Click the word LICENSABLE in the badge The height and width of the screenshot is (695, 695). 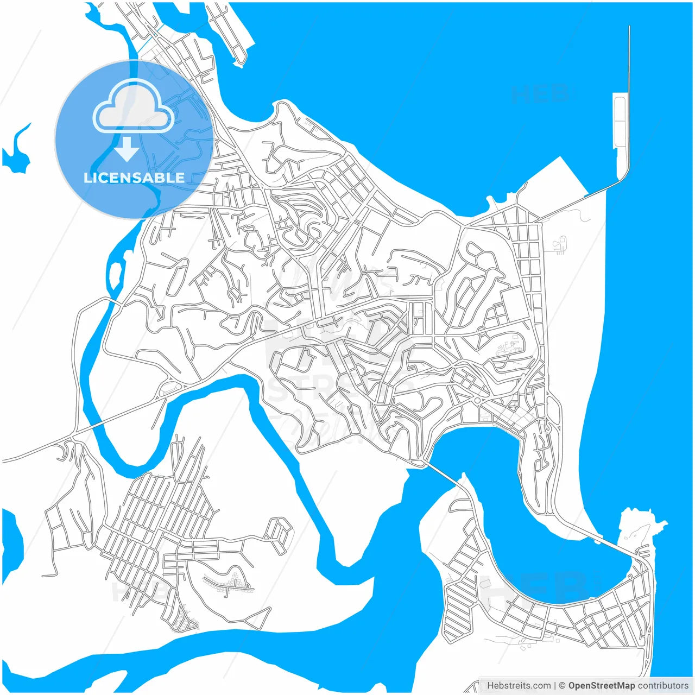(134, 178)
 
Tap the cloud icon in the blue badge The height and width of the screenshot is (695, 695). (134, 107)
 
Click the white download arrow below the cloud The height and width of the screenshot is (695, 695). (127, 149)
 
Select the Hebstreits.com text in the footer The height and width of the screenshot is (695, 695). (519, 685)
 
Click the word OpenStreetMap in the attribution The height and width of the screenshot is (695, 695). (602, 685)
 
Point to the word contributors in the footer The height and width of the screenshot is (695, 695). (663, 685)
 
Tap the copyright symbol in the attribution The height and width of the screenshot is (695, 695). (562, 685)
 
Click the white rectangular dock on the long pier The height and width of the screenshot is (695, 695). (619, 121)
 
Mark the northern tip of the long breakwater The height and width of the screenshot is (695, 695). (629, 27)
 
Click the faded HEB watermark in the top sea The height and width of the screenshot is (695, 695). (540, 94)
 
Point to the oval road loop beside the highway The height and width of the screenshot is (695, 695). (169, 388)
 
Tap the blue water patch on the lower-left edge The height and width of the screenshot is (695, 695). (11, 543)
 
